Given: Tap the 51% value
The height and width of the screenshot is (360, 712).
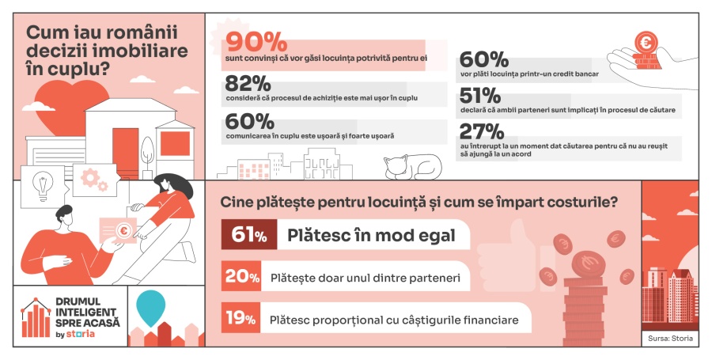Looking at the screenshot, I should [479, 96].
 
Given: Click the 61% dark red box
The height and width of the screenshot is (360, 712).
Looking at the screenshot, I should [244, 235].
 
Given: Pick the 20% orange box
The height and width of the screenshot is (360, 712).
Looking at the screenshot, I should [240, 277].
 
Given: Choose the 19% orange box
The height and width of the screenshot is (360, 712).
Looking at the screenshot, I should [240, 319].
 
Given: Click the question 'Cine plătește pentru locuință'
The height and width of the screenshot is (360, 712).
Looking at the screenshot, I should [419, 202].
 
